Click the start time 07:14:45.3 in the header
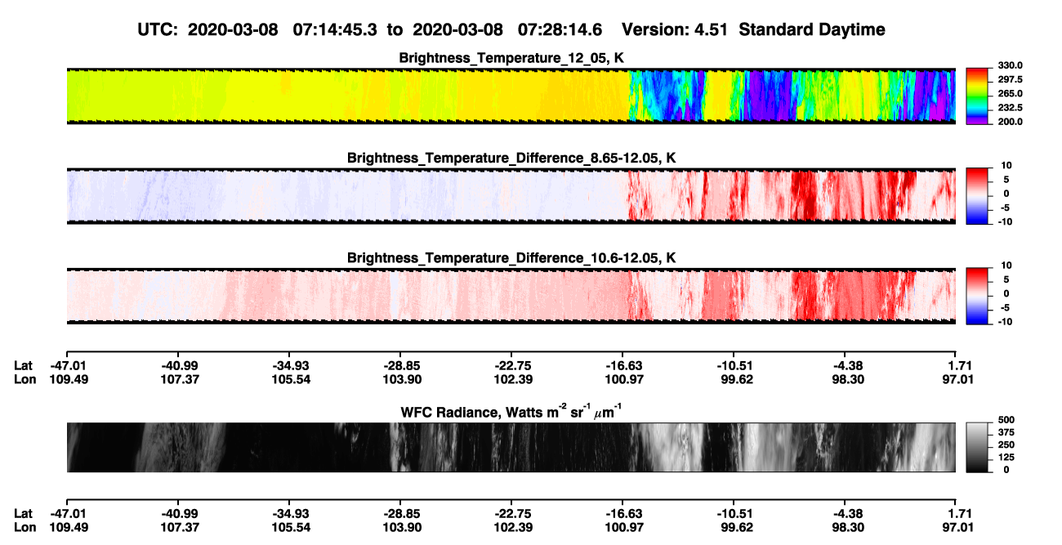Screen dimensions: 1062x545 (335, 30)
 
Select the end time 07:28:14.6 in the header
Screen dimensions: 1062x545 (560, 30)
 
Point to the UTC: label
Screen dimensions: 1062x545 (158, 30)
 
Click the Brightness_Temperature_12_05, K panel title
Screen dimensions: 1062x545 (511, 58)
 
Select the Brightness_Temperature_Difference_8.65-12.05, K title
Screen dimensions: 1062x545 (511, 158)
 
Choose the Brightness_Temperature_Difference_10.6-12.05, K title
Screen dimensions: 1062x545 (511, 258)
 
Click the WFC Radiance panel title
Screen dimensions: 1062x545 (511, 412)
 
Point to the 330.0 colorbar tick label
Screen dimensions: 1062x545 (1010, 65)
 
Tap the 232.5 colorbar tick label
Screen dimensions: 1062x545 (1010, 108)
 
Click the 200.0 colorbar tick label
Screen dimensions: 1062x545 (1010, 122)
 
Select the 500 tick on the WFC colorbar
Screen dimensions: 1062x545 (1006, 420)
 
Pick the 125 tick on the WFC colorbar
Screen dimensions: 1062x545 (1006, 458)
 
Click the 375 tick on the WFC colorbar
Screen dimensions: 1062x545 (1006, 432)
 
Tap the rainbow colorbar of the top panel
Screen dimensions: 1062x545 (977, 96)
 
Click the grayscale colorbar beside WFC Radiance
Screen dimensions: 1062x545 (977, 447)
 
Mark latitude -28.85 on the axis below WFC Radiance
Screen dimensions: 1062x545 (400, 514)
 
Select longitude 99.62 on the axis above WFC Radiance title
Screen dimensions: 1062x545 (737, 379)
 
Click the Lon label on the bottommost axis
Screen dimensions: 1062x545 (25, 528)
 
